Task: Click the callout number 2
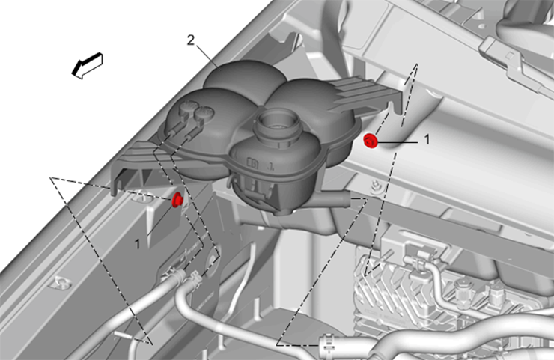191,40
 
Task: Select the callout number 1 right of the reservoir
427,139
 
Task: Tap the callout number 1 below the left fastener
138,244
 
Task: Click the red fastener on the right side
371,141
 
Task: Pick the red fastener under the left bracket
177,200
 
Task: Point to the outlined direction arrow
88,65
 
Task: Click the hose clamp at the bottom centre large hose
327,344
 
